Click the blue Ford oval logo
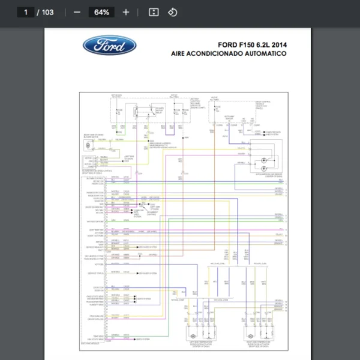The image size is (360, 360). [x=110, y=45]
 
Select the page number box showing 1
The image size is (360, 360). [x=25, y=12]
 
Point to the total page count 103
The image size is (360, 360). [x=47, y=12]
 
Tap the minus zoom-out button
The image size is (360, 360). [x=77, y=12]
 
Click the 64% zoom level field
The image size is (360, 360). [x=101, y=12]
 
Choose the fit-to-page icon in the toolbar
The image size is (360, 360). [x=154, y=12]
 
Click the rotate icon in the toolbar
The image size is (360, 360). [x=173, y=12]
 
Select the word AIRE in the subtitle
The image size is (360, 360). [x=180, y=53]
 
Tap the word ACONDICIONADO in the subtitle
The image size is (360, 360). [x=219, y=53]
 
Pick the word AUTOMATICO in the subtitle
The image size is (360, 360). [x=267, y=53]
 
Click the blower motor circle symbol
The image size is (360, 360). [x=88, y=146]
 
